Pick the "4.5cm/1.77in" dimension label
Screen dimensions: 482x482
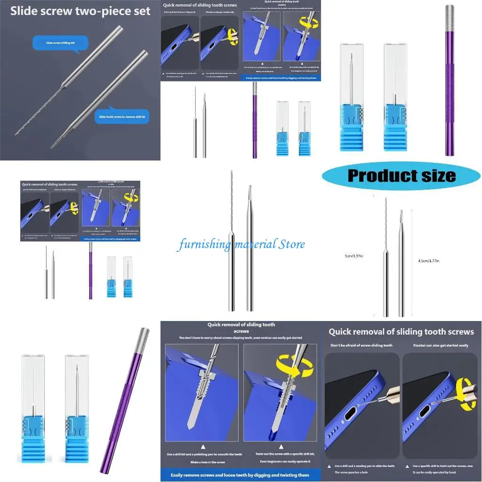tap(429, 260)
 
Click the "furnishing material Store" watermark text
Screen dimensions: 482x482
tap(241, 244)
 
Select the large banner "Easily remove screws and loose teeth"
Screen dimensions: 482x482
tap(240, 475)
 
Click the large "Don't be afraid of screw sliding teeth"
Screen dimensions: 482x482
tap(361, 345)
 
